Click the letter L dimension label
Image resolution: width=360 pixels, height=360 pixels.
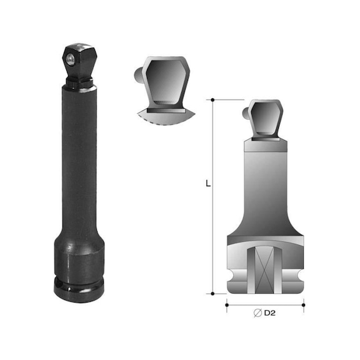[207, 184]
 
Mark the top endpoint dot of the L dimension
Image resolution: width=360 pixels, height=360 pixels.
[213, 99]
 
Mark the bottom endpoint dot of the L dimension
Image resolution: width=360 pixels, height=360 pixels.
[213, 293]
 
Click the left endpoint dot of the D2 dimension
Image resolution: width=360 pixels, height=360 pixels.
[226, 306]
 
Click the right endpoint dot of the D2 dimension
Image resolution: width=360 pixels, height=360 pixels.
[304, 306]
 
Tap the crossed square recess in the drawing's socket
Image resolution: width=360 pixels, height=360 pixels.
[265, 270]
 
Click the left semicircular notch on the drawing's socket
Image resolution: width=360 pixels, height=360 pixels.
[231, 276]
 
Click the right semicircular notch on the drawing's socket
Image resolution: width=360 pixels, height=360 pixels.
[299, 276]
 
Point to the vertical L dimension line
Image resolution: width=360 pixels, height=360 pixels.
[213, 237]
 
